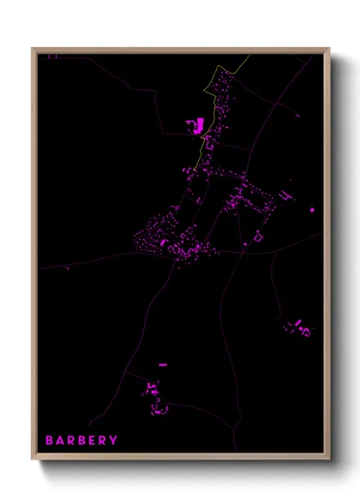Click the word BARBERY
(81, 441)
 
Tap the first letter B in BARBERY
(50, 441)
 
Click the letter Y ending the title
(114, 441)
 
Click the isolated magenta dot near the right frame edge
(312, 209)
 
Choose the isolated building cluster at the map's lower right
(298, 327)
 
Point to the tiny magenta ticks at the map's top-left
(51, 57)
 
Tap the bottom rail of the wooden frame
(180, 457)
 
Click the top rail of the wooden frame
(180, 50)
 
